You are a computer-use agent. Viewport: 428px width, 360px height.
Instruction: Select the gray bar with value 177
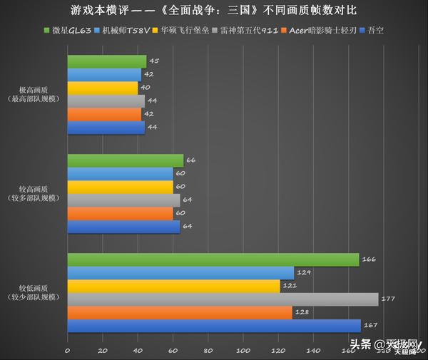223,299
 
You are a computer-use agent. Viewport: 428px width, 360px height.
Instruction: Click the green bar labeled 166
213,259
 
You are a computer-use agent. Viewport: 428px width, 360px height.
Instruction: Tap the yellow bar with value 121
173,286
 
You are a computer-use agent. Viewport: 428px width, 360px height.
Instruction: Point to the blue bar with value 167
214,325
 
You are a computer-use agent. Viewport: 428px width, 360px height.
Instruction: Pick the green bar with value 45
107,62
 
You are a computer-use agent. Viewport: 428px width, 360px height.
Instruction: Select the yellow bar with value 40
103,88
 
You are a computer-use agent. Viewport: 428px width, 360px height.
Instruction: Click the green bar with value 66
126,160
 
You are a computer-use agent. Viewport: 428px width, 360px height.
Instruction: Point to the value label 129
305,272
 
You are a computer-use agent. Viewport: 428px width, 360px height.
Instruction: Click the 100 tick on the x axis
244,350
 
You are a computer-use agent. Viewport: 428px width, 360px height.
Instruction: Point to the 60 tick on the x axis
173,350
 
